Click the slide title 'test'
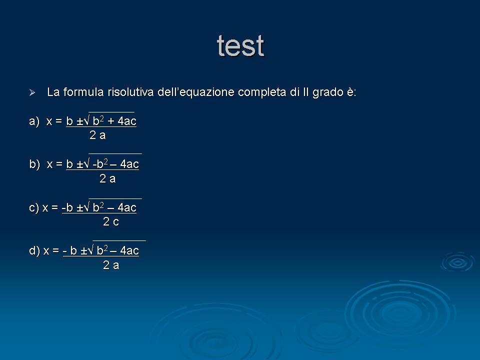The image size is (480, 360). point(240,46)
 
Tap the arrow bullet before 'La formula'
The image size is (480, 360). point(32,92)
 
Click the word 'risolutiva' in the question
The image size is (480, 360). point(130,92)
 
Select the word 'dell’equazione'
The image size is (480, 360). point(196,92)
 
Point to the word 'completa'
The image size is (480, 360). point(262,92)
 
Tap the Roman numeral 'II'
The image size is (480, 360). point(306,92)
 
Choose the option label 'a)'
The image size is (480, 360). point(34,121)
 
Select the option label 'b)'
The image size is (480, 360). point(34,164)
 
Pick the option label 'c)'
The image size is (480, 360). point(34,208)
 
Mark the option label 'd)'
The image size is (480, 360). point(34,250)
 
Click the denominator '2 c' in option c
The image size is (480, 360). point(111,221)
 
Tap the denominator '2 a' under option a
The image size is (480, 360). point(97,135)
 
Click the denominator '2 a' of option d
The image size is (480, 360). point(111,265)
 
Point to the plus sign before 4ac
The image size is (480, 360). point(111,121)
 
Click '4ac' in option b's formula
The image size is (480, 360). point(129,164)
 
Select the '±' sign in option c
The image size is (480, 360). point(79,208)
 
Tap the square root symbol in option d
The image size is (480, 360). point(90,250)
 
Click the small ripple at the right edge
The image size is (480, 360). point(457,262)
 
